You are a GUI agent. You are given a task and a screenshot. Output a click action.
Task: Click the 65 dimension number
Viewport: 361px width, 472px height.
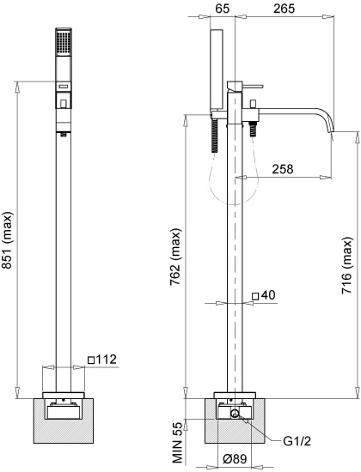click(221, 9)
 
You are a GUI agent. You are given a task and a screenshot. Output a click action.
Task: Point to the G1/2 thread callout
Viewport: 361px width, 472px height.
click(297, 441)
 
